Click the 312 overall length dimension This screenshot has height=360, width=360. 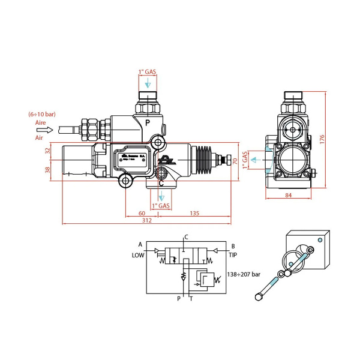(146, 220)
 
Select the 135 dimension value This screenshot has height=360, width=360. (195, 212)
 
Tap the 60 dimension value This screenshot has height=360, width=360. (142, 212)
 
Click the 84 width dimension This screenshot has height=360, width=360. (288, 195)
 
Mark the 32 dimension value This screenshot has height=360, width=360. (49, 151)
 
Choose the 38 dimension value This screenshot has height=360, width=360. (49, 170)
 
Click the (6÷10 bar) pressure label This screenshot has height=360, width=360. (41, 113)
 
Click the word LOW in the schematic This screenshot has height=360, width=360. (138, 254)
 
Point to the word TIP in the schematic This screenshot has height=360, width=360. (233, 254)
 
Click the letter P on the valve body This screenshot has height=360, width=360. (147, 122)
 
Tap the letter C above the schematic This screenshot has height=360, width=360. (187, 236)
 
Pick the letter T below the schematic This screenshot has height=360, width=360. (191, 298)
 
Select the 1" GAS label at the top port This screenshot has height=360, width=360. (148, 73)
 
